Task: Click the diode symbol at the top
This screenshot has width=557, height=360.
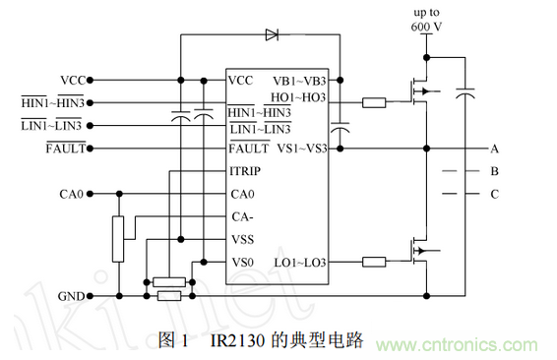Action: click(x=271, y=34)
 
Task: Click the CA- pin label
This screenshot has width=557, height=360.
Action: click(x=243, y=215)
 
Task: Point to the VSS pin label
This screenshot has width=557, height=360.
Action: click(x=242, y=239)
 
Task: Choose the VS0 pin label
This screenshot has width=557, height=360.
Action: click(x=242, y=263)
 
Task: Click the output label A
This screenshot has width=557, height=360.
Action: click(x=494, y=149)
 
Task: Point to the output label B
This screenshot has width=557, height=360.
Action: click(x=494, y=171)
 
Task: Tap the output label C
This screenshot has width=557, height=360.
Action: click(x=494, y=194)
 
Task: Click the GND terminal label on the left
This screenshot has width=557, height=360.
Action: click(x=71, y=295)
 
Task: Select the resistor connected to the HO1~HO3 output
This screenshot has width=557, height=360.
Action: click(x=374, y=101)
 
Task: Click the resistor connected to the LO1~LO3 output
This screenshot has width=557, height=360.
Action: click(x=374, y=263)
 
